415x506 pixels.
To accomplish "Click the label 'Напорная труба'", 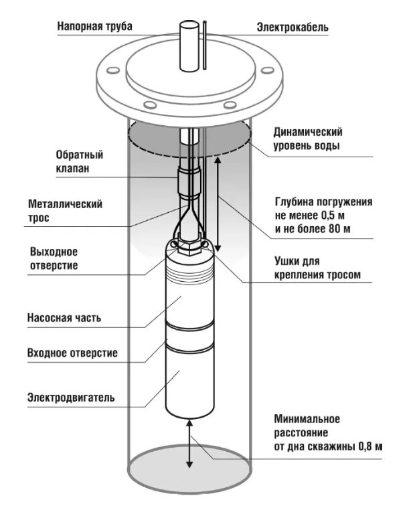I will (94, 27).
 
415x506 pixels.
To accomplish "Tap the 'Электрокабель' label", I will (293, 27).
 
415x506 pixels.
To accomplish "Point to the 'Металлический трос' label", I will (65, 211).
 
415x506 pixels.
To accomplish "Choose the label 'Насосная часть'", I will (64, 318).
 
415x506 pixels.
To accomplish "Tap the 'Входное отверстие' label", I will (72, 353).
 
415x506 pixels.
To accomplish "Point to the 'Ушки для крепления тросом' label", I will (317, 268).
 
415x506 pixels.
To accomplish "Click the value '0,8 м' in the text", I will (367, 446).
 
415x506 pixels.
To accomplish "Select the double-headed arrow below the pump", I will (189, 442).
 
